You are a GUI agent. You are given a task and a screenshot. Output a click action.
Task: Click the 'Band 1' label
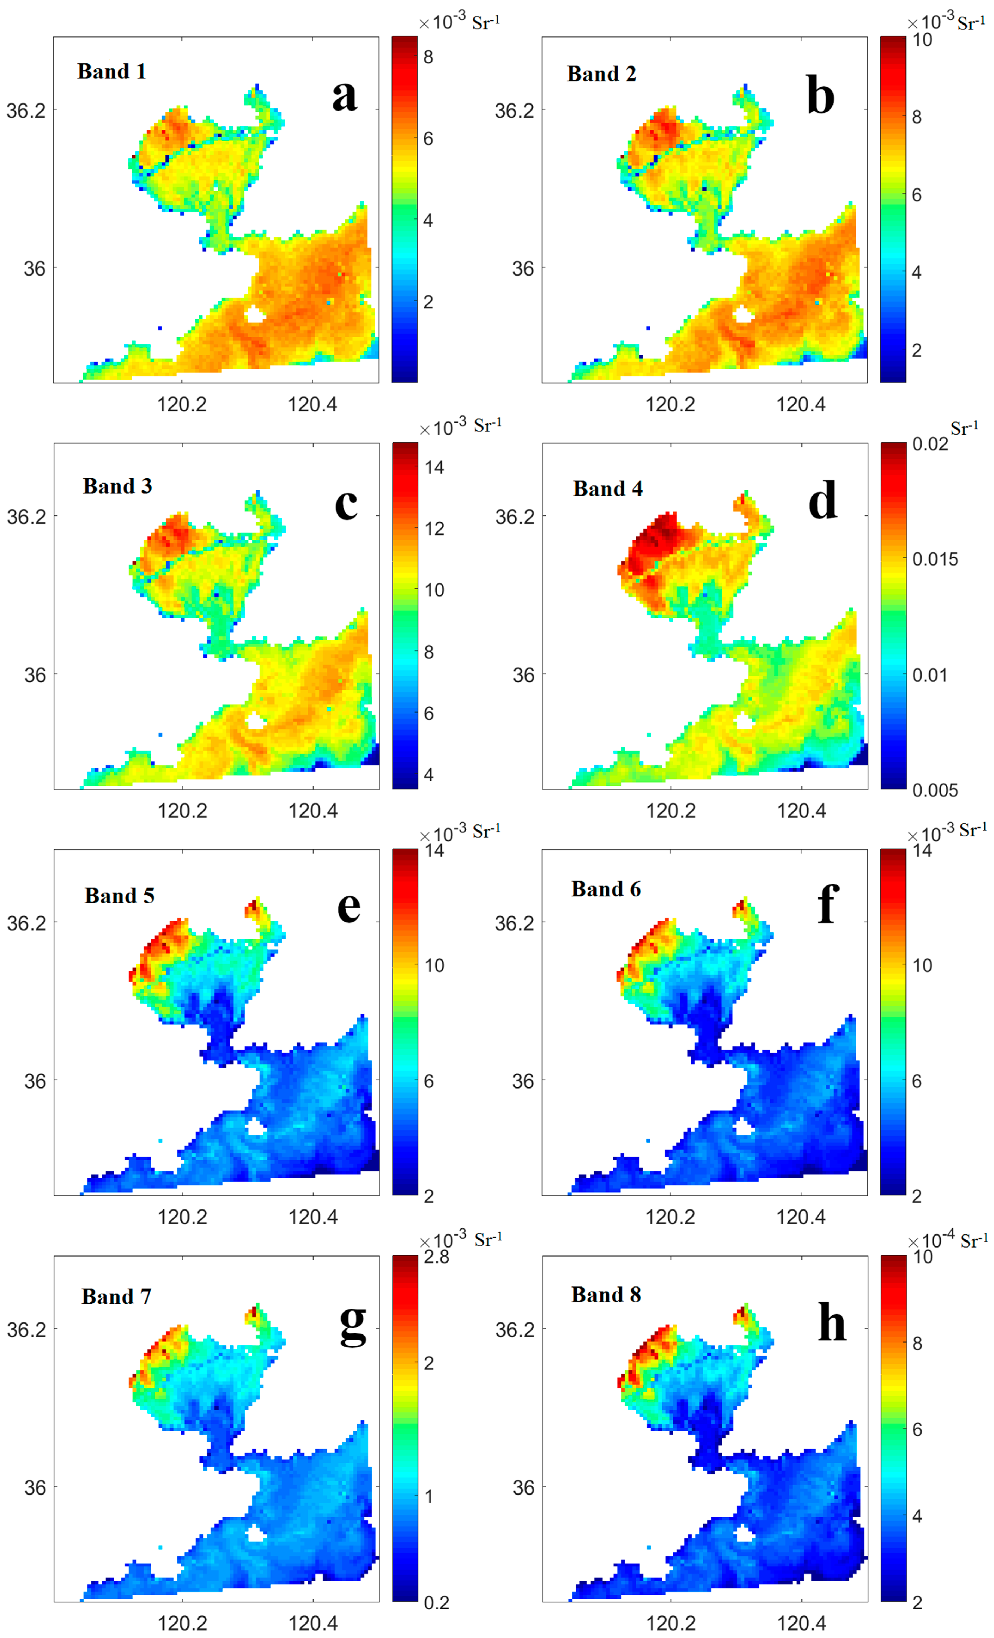pos(112,71)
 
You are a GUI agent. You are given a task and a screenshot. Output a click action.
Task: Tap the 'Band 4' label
pos(608,489)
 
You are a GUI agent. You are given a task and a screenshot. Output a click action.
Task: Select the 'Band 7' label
pos(116,1296)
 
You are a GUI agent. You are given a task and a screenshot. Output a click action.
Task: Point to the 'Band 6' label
pos(606,889)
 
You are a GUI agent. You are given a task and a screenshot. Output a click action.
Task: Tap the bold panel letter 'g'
pos(352,1323)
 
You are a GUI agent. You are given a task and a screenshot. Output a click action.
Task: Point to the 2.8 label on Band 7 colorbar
pos(437,1257)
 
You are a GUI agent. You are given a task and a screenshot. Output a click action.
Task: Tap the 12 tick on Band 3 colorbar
pos(434,528)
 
